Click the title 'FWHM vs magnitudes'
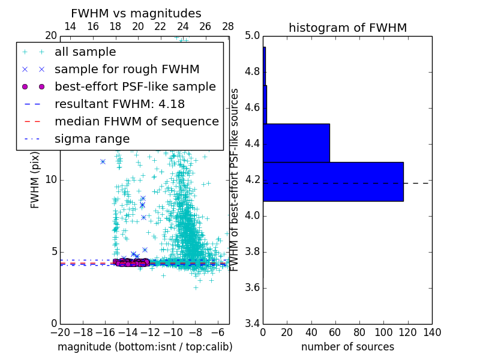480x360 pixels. (136, 14)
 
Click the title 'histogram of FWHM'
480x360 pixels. (347, 28)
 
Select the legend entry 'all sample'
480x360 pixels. (85, 52)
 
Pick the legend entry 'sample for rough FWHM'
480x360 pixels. (127, 70)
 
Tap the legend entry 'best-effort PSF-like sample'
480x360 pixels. (135, 87)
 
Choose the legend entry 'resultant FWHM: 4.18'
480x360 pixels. (119, 104)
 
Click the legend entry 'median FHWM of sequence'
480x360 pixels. (136, 122)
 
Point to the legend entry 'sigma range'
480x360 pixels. (92, 139)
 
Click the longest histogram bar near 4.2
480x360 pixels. (333, 181)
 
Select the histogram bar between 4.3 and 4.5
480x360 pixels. (296, 143)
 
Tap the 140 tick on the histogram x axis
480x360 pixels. (431, 332)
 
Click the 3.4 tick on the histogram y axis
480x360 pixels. (252, 323)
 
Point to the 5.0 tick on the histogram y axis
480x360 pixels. (252, 36)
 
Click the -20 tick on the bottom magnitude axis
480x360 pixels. (60, 332)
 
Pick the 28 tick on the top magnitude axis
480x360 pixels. (228, 27)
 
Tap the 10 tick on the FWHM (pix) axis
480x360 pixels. (52, 180)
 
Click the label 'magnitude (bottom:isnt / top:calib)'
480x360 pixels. (145, 347)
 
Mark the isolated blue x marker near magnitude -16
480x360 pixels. (103, 161)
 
